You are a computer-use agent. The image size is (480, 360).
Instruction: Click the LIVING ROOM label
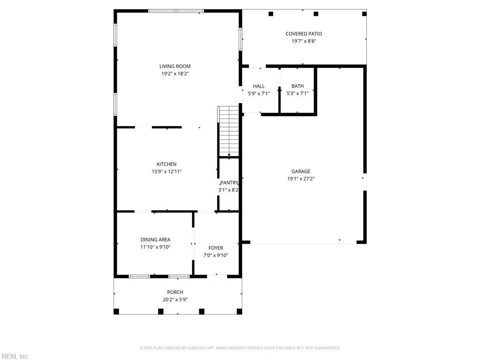pos(175,66)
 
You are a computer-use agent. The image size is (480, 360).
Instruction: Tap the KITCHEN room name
pos(166,164)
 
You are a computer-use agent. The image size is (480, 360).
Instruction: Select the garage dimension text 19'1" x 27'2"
pos(301,179)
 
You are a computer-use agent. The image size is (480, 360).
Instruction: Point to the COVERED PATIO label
pos(304,34)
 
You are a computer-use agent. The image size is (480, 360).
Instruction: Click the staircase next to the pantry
pos(228,131)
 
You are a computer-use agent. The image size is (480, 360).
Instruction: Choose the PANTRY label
pos(229,183)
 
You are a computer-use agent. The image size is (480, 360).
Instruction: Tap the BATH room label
pos(298,86)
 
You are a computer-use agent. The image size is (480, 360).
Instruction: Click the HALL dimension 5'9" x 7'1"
pos(259,94)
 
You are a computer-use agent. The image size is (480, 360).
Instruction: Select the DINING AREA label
pos(156,240)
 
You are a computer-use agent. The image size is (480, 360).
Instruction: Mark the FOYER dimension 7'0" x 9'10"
pos(216,255)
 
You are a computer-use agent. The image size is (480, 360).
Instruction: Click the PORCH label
pos(175,292)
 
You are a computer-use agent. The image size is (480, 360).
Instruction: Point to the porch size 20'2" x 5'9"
pos(175,300)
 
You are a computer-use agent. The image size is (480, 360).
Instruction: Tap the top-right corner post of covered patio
pos(364,14)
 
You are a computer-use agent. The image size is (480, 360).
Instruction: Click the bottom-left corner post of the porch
pos(116,312)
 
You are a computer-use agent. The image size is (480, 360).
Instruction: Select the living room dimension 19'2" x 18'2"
pos(175,74)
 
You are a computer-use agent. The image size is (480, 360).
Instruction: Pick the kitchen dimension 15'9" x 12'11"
pos(166,172)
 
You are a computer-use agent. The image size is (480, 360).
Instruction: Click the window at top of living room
pos(176,11)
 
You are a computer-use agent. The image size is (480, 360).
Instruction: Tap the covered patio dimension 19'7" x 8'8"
pos(304,41)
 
